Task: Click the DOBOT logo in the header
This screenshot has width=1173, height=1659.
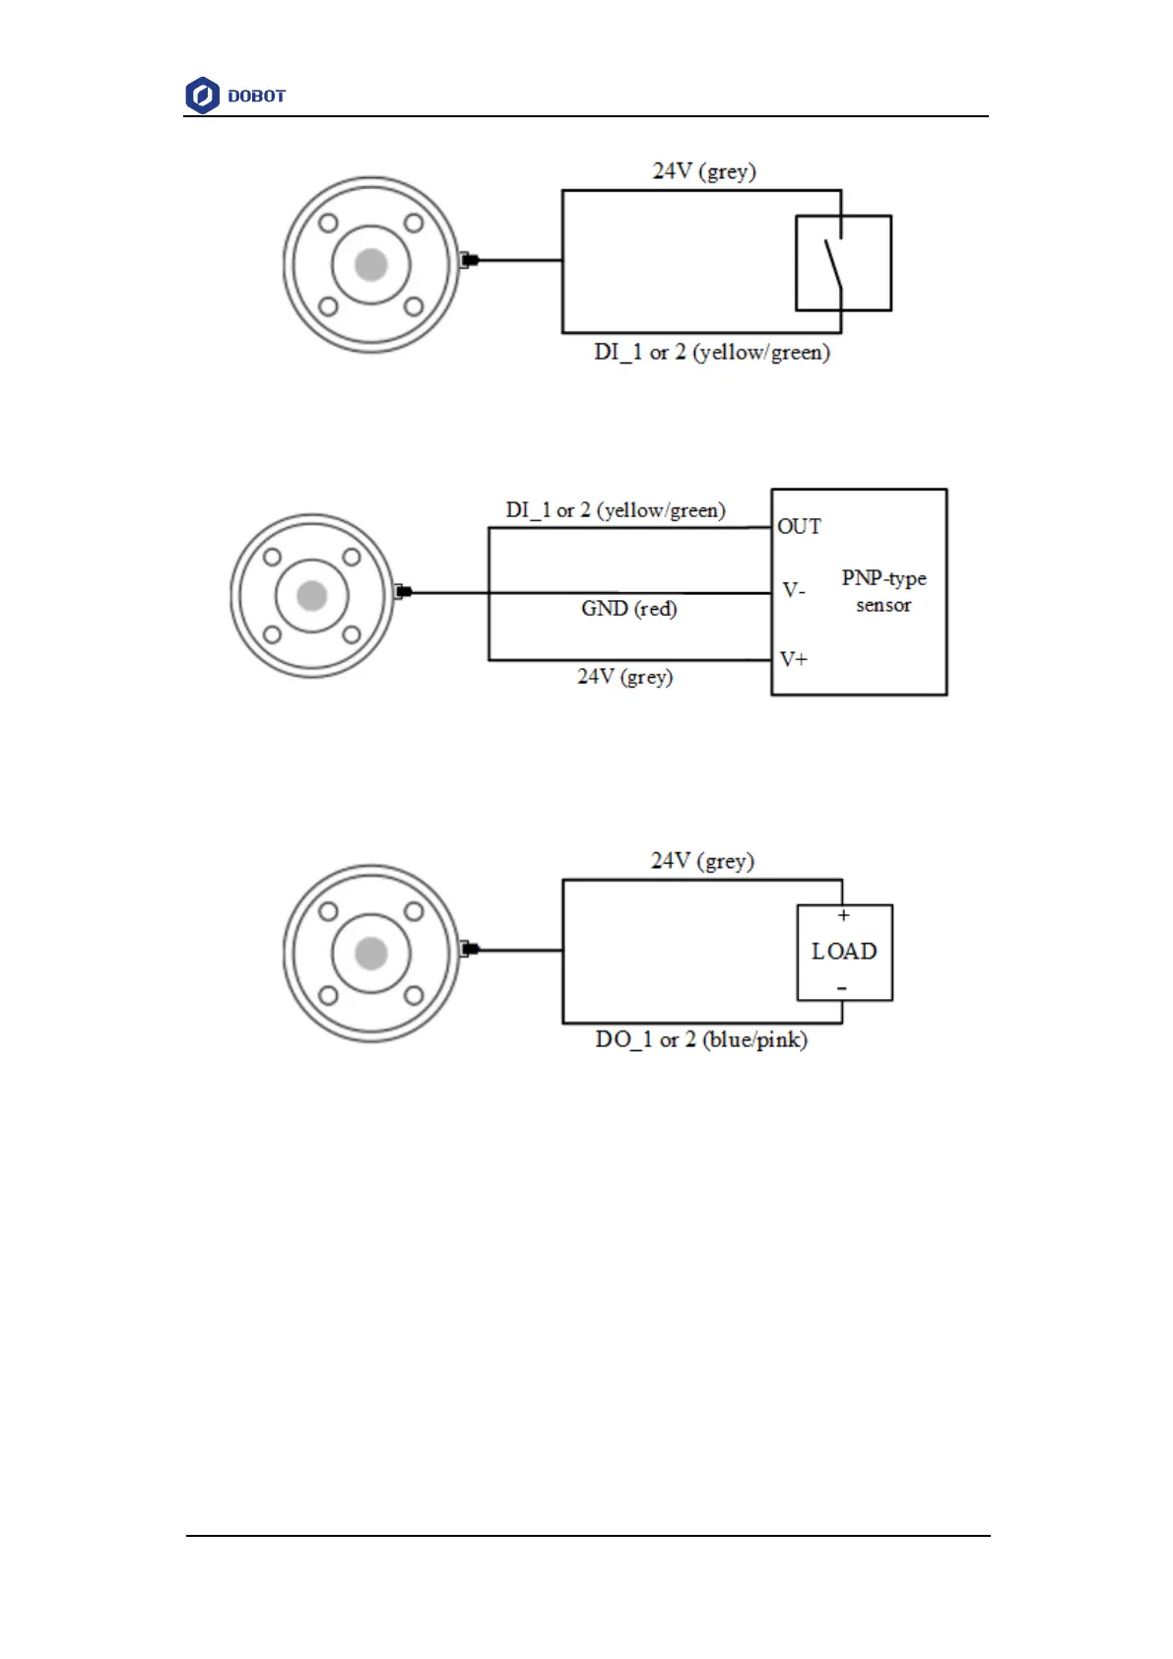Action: tap(235, 96)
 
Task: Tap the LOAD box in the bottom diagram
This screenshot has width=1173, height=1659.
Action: tap(844, 952)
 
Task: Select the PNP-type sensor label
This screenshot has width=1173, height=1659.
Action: tap(883, 591)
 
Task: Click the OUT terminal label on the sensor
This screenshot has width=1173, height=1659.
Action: tap(799, 527)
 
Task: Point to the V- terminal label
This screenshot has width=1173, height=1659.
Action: tap(794, 590)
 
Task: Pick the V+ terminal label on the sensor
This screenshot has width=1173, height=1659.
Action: tap(794, 659)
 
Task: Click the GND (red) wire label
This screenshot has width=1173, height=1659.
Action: tap(628, 609)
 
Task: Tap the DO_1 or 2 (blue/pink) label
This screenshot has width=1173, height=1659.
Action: tap(701, 1040)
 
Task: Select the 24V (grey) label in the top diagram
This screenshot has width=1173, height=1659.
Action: tap(704, 171)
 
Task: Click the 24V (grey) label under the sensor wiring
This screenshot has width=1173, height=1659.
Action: tap(624, 677)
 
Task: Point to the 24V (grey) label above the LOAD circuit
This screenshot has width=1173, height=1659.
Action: tap(702, 861)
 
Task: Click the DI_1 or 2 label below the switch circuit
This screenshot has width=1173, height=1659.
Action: tap(711, 353)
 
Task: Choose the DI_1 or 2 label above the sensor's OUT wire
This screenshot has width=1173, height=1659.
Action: tap(616, 510)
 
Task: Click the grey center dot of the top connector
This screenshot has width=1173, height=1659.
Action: tap(371, 264)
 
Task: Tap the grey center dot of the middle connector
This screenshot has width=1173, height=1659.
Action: tap(312, 595)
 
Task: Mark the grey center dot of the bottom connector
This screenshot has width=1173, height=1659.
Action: tap(371, 953)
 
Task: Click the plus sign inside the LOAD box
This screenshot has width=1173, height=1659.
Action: tap(843, 916)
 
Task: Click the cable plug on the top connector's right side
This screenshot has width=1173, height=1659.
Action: tap(469, 260)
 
